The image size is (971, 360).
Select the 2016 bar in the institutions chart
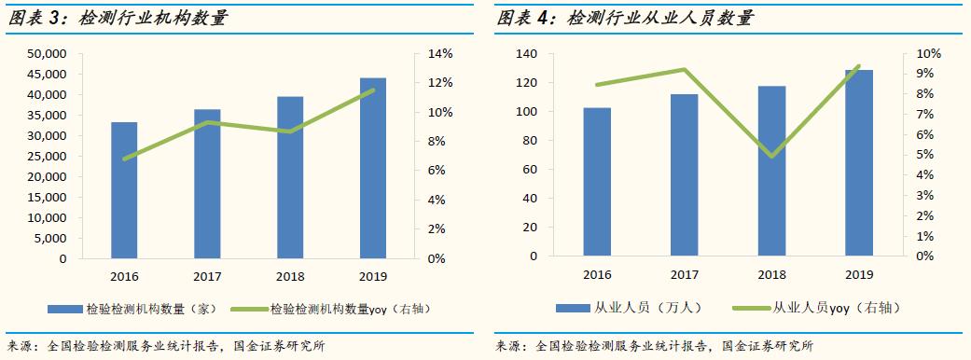click(x=124, y=190)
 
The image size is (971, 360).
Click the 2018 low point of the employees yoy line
click(x=771, y=156)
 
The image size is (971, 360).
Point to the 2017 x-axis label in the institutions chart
click(x=207, y=276)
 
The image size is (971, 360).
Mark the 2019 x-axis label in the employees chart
click(x=858, y=274)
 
